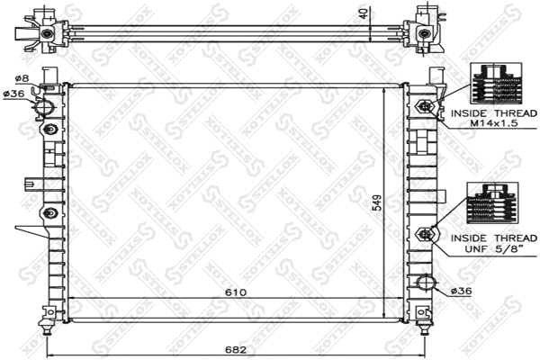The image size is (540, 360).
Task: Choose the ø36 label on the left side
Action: pyautogui.click(x=14, y=94)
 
